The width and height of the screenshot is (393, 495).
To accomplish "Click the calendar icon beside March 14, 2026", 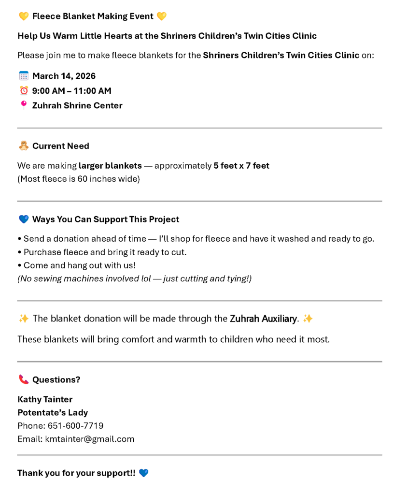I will pos(24,76).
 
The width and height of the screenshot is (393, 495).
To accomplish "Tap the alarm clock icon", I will pos(24,90).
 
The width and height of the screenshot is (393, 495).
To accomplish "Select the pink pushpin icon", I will pos(24,105).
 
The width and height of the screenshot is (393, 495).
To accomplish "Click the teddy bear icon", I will pos(24,146).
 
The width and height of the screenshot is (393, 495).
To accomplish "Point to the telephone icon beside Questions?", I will pos(24,379).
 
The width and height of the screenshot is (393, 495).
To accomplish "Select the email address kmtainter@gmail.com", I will pos(89,439).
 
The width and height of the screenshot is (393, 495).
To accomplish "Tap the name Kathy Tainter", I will pos(45,399).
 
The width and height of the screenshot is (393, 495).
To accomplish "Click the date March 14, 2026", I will pos(64,76).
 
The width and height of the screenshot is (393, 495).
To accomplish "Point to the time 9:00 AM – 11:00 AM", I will pos(71,90).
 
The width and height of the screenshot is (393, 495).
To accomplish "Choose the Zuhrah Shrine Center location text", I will pos(77,105).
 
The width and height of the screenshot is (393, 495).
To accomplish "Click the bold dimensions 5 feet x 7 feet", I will pos(241,166).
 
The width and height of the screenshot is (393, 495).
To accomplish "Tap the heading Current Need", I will pos(61,146).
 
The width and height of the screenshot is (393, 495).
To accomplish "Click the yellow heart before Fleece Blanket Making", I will pos(24,16).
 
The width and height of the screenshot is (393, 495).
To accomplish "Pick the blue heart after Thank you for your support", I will pos(143,473).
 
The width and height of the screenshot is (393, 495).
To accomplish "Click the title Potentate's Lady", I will pos(53,412).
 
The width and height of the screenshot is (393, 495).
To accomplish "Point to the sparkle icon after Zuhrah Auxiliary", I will pos(308,319).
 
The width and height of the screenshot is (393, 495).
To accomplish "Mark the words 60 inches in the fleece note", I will pos(93,179).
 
